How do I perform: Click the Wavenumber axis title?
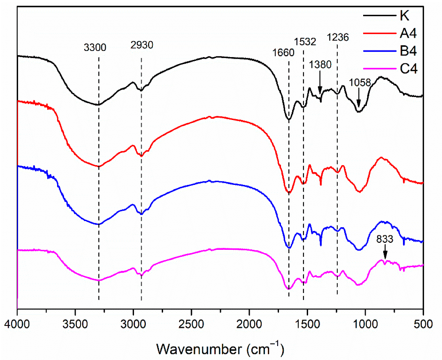(x=220, y=348)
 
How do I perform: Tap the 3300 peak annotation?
(x=95, y=47)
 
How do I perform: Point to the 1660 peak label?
(x=283, y=53)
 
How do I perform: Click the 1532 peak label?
(x=305, y=42)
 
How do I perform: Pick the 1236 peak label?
(x=338, y=38)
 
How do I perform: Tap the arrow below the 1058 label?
(x=359, y=99)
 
